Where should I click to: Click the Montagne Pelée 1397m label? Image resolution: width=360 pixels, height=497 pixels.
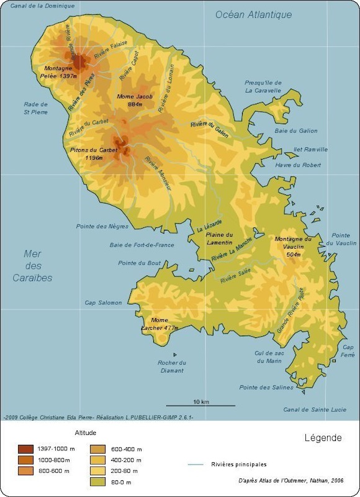point(60,72)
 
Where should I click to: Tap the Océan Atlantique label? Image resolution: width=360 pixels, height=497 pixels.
point(253,15)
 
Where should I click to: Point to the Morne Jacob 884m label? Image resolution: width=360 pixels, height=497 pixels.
point(135,101)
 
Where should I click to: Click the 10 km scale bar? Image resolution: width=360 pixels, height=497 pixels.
point(200,405)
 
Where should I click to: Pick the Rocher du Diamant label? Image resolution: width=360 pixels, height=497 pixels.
point(171,367)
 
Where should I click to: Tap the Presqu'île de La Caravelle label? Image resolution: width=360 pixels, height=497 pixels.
point(263,86)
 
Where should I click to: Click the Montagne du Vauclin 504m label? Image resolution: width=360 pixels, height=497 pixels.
point(293,247)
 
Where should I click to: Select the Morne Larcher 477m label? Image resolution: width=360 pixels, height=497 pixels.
point(160,324)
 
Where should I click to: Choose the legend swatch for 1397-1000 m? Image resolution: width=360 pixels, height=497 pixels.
point(25,449)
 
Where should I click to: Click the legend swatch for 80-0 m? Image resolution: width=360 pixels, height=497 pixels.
point(98,481)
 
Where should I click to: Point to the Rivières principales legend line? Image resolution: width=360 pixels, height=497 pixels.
point(196,464)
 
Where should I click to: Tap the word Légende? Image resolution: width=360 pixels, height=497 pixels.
point(323,438)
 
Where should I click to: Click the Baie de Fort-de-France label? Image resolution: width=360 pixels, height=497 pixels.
point(142,245)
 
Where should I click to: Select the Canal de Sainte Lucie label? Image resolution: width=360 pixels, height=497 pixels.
point(313,409)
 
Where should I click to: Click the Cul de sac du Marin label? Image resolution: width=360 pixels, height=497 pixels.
point(269,357)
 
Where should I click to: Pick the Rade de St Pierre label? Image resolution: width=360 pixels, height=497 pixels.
point(35,108)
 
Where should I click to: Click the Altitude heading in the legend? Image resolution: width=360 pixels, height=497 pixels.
point(85,432)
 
